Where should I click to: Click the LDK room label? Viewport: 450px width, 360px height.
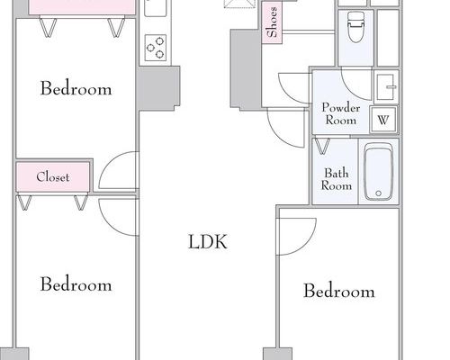[208, 242]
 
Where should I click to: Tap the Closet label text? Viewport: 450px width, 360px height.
[53, 177]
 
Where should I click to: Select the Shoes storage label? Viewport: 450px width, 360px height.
[272, 22]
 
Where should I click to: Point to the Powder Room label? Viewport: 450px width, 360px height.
[341, 113]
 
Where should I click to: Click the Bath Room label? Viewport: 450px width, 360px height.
[337, 179]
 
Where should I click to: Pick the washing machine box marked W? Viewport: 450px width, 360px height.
[383, 120]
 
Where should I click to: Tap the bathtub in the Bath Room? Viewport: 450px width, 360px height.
[378, 172]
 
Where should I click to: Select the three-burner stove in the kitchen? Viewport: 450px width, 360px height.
[156, 48]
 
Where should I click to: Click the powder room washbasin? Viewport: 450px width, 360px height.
[385, 86]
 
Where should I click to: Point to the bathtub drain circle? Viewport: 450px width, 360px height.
[378, 193]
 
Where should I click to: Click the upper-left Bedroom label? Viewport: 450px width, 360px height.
[76, 88]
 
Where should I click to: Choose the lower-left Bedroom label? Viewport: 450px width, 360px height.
[76, 284]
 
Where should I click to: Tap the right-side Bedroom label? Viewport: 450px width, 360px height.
[339, 291]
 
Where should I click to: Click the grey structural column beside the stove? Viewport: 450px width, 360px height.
[159, 88]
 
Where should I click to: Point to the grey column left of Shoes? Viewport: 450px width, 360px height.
[246, 68]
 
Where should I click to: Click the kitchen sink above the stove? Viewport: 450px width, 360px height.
[155, 7]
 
